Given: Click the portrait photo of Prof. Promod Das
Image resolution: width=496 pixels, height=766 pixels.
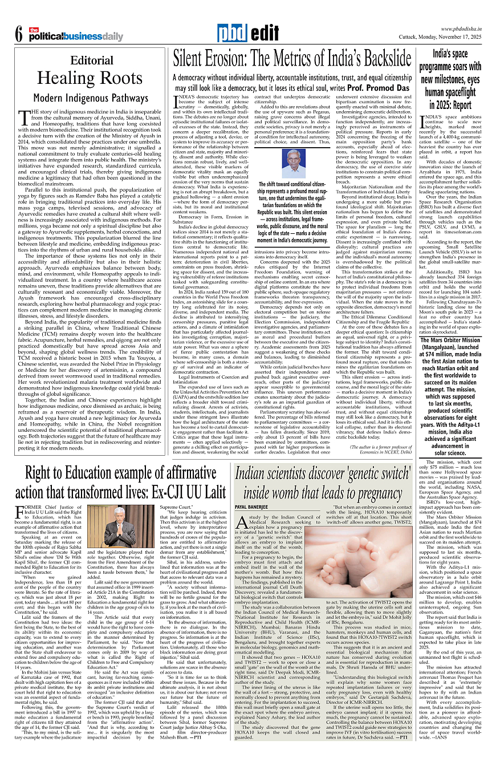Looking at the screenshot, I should click(x=294, y=164).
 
